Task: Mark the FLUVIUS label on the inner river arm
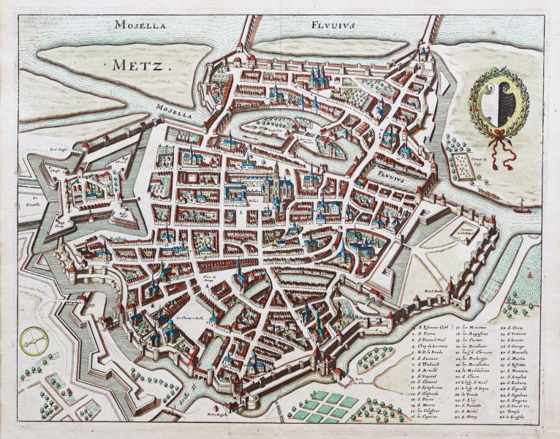[x=377, y=175]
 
